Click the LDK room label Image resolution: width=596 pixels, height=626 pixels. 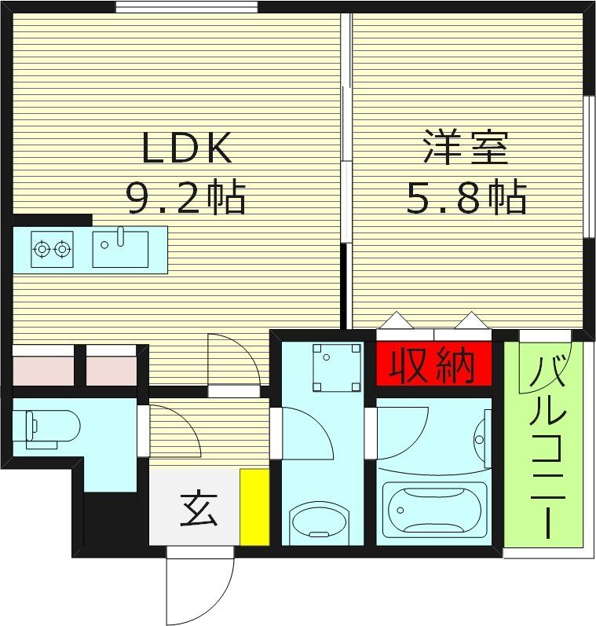pos(186,148)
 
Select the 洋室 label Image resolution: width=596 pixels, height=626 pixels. pos(466,148)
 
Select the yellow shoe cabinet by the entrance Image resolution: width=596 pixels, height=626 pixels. pos(254,507)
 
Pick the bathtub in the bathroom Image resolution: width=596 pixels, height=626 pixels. pos(433,511)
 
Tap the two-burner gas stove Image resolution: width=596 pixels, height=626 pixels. pos(53,250)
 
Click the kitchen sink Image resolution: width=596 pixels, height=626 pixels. pos(120,249)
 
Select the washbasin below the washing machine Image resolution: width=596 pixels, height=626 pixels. pos(321,522)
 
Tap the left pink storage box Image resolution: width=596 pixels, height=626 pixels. pos(43,370)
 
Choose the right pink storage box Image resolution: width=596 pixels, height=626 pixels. pos(111,370)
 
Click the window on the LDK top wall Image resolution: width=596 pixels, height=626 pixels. pos(186,7)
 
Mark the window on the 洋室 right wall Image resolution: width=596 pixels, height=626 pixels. pos(589,165)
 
